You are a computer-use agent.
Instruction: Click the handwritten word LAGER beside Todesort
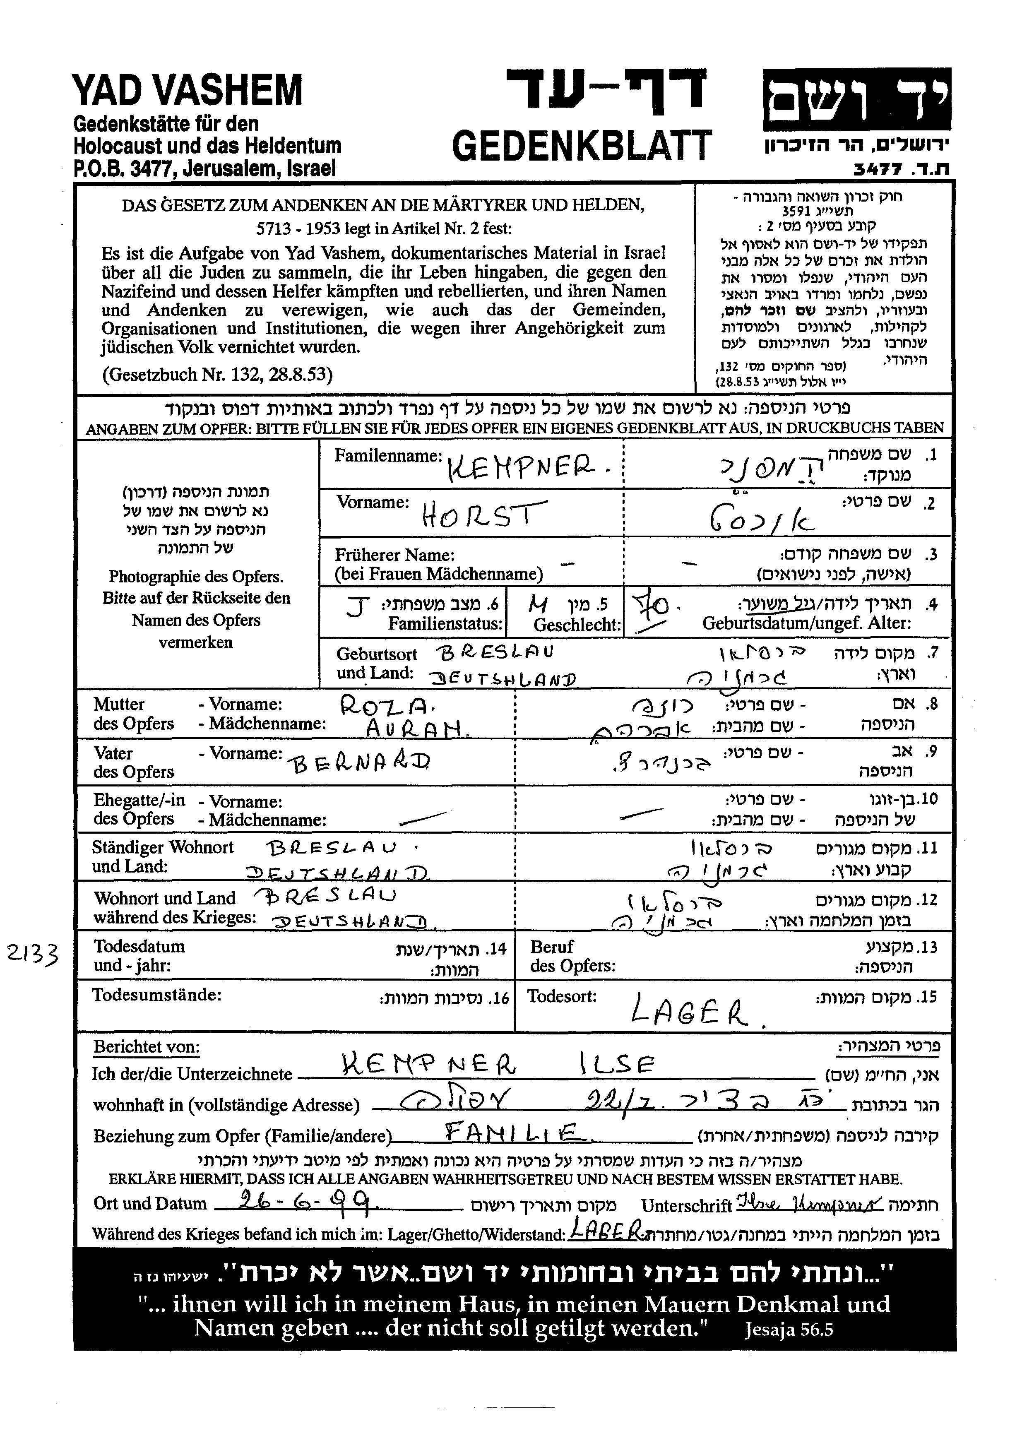[x=689, y=1010]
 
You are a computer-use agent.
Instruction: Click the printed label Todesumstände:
[x=157, y=995]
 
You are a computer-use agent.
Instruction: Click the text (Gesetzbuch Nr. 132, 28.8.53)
[x=217, y=375]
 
